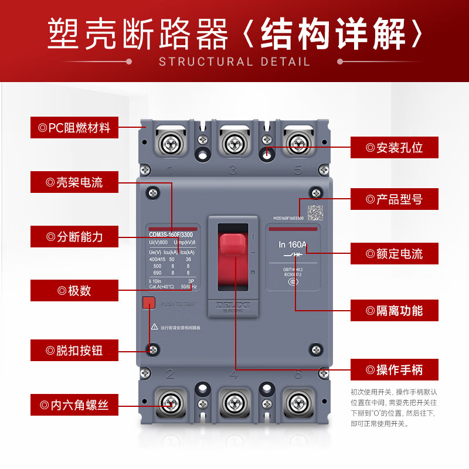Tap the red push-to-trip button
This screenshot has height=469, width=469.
click(x=148, y=303)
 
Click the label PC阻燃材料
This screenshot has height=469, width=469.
click(x=74, y=128)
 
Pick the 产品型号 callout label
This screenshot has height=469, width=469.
click(x=394, y=199)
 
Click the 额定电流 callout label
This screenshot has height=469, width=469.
click(x=394, y=254)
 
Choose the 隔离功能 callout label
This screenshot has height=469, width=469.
click(x=394, y=310)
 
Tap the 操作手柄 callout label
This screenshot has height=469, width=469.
click(x=394, y=370)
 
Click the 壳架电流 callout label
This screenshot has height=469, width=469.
click(x=74, y=182)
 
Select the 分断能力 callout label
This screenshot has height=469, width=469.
click(x=74, y=237)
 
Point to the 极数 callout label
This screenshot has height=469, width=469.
click(x=74, y=291)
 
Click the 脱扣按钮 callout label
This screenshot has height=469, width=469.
click(x=74, y=350)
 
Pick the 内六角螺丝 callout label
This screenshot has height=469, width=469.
click(x=74, y=405)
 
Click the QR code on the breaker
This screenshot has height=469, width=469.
click(x=316, y=212)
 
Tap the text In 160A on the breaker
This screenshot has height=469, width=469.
click(x=293, y=244)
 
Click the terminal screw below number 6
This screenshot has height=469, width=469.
click(x=298, y=403)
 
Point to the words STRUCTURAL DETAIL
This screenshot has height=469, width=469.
click(x=235, y=62)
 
